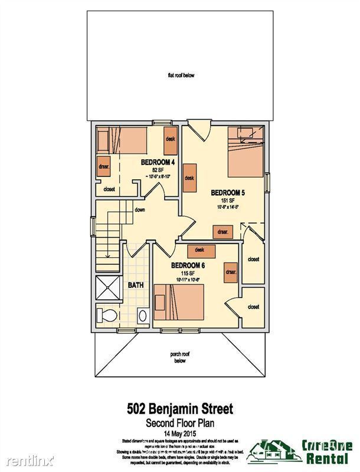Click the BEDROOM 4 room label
[x=158, y=162]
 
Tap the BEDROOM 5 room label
[x=228, y=192]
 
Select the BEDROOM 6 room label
[x=189, y=265]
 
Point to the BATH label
[x=136, y=285]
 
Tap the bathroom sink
[x=143, y=316]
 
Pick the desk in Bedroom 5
[x=189, y=178]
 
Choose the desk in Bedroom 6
[x=199, y=250]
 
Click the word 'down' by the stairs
[x=140, y=209]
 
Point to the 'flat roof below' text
[x=181, y=76]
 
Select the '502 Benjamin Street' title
[x=181, y=408]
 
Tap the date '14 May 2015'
[x=181, y=433]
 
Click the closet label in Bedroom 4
[x=109, y=189]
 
